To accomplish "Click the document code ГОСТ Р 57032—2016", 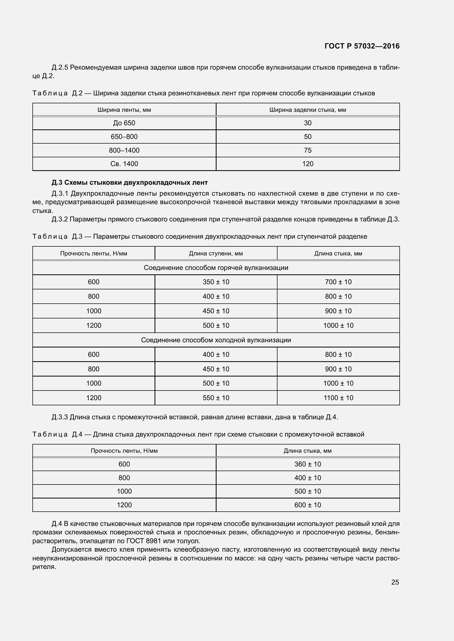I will click(x=362, y=46).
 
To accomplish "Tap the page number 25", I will click(x=395, y=582).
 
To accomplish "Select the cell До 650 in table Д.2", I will click(x=124, y=123).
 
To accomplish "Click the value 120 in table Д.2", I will click(x=307, y=164).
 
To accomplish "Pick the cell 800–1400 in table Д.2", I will click(x=124, y=150).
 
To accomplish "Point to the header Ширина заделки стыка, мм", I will click(x=307, y=110).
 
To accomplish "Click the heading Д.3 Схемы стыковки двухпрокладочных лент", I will click(x=130, y=183).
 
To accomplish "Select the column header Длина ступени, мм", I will click(x=216, y=253).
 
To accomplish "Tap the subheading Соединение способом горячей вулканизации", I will click(x=216, y=268).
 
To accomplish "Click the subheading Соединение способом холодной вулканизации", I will click(x=216, y=340).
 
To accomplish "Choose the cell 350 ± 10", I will click(x=216, y=282).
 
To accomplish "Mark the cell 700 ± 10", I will click(x=338, y=282).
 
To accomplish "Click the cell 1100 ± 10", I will click(x=338, y=398).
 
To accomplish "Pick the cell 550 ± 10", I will click(x=216, y=398).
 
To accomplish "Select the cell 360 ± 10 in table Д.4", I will click(x=307, y=464).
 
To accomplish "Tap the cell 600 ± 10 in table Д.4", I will click(x=307, y=505).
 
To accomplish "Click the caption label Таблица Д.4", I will click(x=57, y=434).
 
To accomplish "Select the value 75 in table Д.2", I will click(x=307, y=150).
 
